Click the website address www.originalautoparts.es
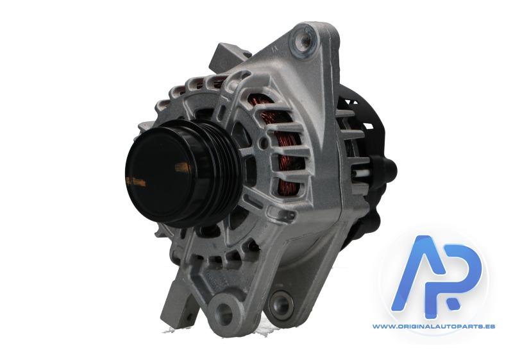click(433, 326)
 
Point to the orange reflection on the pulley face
click(183, 168)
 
